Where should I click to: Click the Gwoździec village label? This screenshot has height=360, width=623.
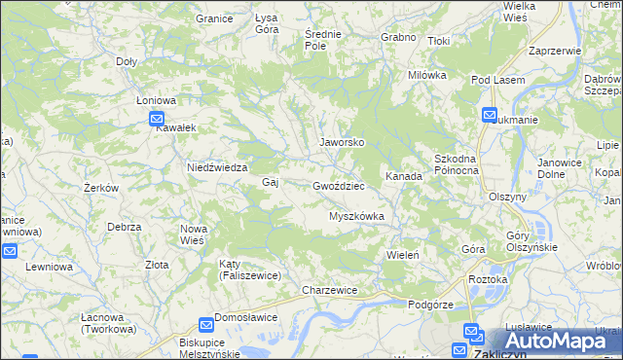(338, 185)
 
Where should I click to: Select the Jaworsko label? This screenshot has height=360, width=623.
(342, 142)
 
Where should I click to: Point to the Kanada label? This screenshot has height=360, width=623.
(403, 176)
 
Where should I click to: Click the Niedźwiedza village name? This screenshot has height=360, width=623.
(219, 167)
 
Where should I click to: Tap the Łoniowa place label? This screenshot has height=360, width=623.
(156, 99)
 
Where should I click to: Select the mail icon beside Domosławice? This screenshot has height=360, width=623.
(206, 325)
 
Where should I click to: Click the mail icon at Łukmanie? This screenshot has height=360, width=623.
(490, 115)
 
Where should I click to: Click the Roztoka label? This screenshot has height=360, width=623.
(488, 279)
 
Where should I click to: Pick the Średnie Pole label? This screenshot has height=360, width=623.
(322, 39)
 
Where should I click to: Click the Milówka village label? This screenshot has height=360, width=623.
(426, 75)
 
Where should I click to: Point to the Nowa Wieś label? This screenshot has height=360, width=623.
(193, 234)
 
